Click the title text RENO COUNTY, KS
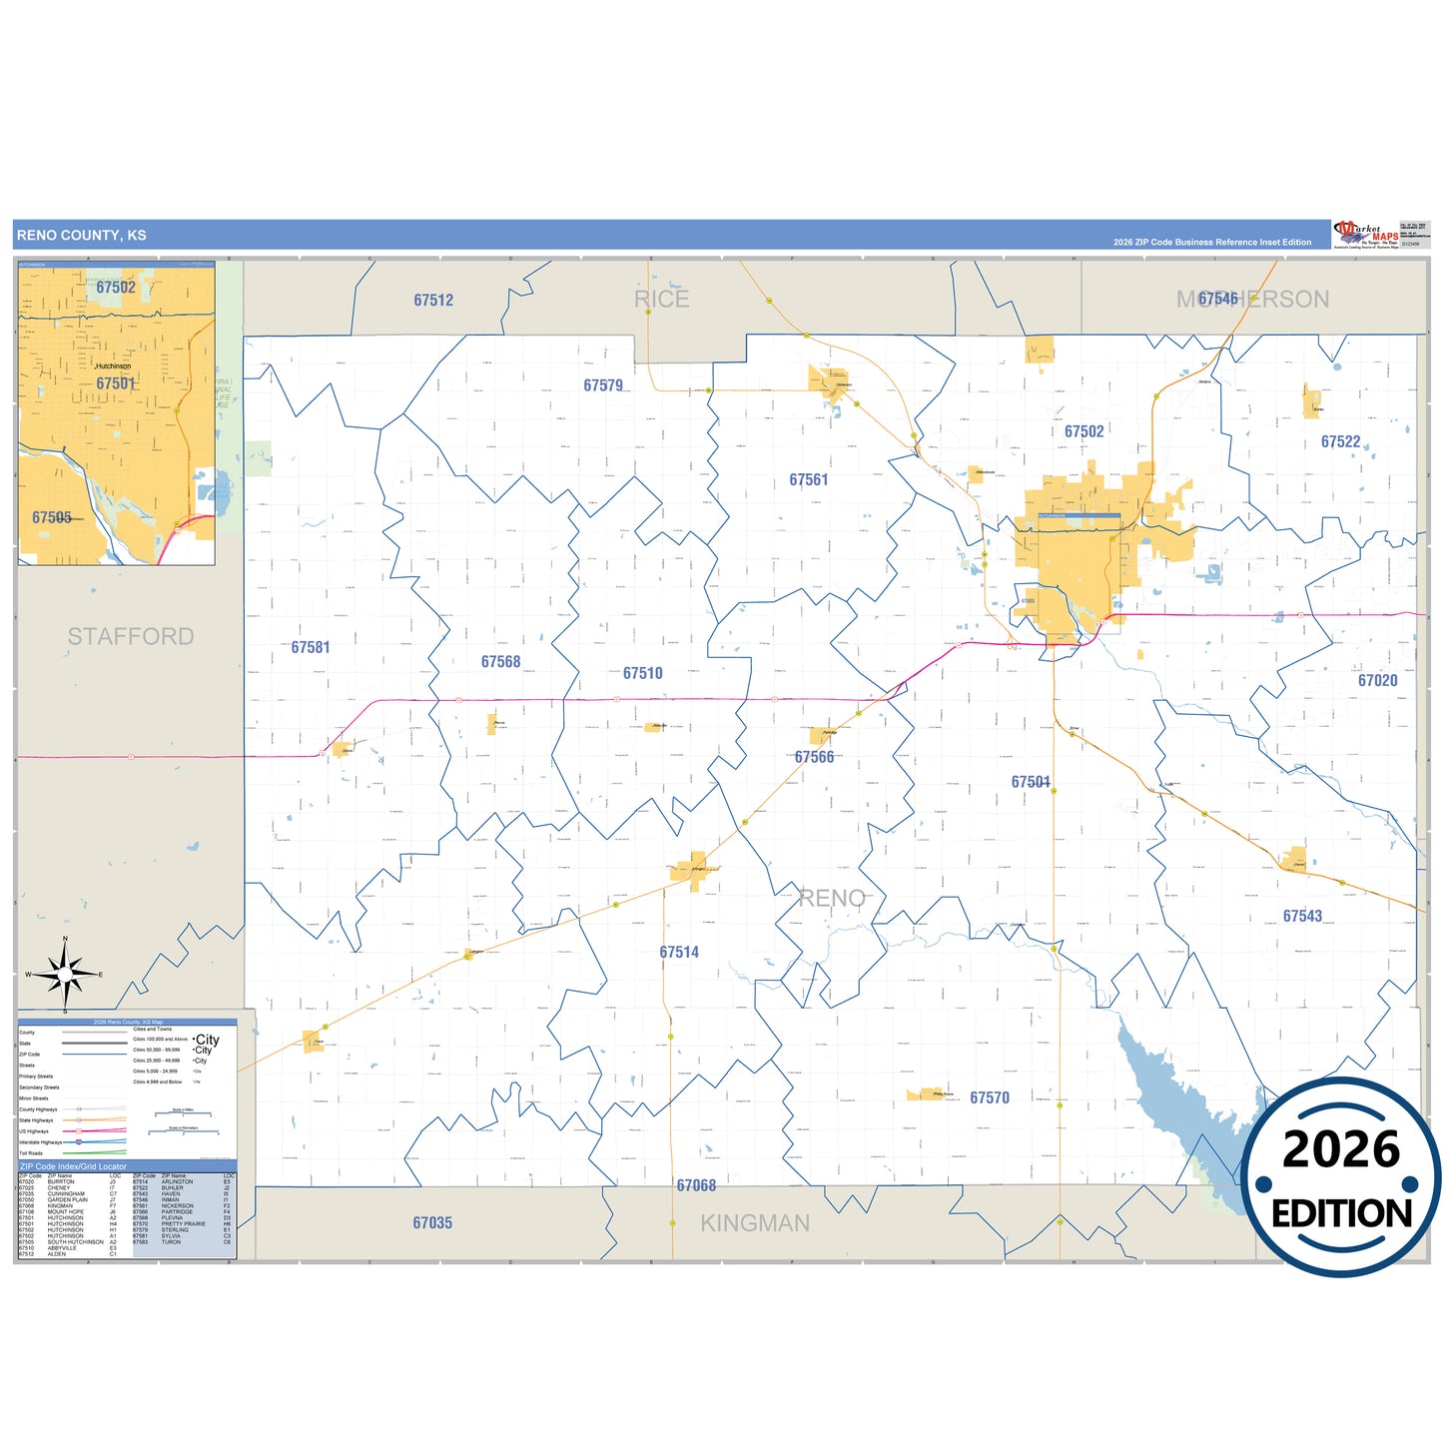pyautogui.click(x=81, y=236)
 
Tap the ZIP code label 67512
pyautogui.click(x=433, y=300)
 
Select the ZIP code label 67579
pyautogui.click(x=603, y=385)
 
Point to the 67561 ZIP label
pyautogui.click(x=808, y=480)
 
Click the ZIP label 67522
pyautogui.click(x=1340, y=441)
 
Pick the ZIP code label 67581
pyautogui.click(x=311, y=647)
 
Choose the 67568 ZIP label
pyautogui.click(x=500, y=662)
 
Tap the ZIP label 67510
pyautogui.click(x=642, y=673)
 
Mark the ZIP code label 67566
pyautogui.click(x=814, y=757)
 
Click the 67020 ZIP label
pyautogui.click(x=1377, y=680)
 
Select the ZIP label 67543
pyautogui.click(x=1302, y=916)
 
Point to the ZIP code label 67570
pyautogui.click(x=989, y=1097)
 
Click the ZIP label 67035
pyautogui.click(x=432, y=1222)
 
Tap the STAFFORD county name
pyautogui.click(x=131, y=636)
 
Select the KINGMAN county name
pyautogui.click(x=755, y=1223)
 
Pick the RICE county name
pyautogui.click(x=661, y=299)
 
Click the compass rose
pyautogui.click(x=65, y=974)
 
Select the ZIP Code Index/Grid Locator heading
pyautogui.click(x=74, y=1166)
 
